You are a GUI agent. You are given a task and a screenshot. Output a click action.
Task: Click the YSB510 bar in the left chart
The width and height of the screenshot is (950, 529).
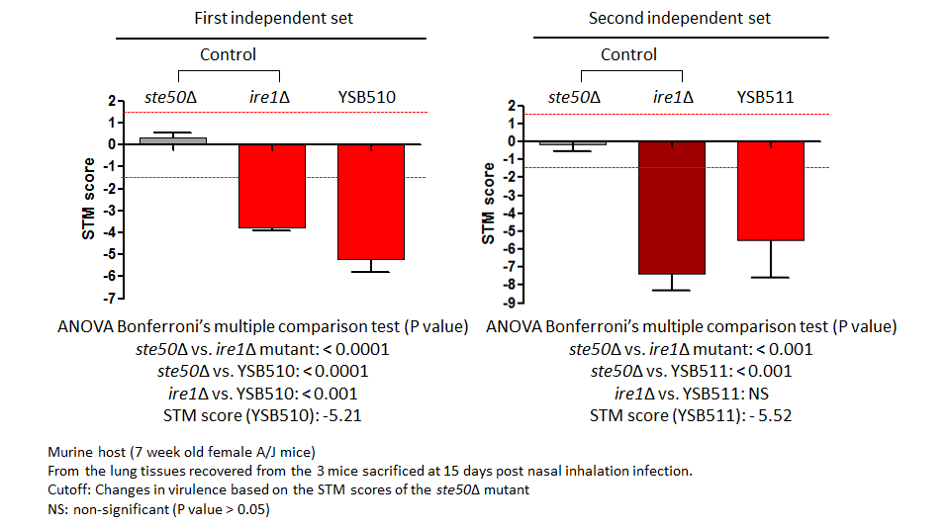(x=371, y=202)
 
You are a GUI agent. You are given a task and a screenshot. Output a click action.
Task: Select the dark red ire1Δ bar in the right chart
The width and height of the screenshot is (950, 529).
(x=672, y=208)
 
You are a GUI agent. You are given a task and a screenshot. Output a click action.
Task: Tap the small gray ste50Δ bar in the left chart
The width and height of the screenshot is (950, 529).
(x=173, y=141)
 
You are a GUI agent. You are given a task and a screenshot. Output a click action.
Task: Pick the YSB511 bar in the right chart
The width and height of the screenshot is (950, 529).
(x=771, y=191)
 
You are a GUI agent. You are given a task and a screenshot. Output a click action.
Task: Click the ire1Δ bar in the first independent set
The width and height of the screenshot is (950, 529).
(x=272, y=186)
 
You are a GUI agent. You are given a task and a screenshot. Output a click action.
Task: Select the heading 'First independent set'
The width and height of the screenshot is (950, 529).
(x=273, y=18)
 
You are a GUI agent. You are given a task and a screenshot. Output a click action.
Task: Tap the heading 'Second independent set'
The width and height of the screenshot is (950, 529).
(x=679, y=18)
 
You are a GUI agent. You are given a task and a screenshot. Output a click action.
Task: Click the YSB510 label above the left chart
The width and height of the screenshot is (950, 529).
(x=366, y=97)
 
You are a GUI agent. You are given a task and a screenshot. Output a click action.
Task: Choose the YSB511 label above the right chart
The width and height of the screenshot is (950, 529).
(x=765, y=97)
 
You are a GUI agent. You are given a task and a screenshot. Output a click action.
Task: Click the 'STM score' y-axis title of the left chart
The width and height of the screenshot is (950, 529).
(x=88, y=199)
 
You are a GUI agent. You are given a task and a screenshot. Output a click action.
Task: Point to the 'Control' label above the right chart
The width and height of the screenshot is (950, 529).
(x=628, y=54)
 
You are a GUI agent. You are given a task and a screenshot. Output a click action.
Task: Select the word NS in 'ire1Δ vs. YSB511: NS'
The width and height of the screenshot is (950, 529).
(x=759, y=394)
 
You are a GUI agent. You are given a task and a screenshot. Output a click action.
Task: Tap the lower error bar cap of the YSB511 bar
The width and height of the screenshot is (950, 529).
(x=771, y=277)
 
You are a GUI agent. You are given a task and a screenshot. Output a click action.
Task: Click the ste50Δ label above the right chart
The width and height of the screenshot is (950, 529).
(x=574, y=97)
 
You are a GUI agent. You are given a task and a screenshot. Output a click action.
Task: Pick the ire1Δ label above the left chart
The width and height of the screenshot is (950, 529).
(x=269, y=97)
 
